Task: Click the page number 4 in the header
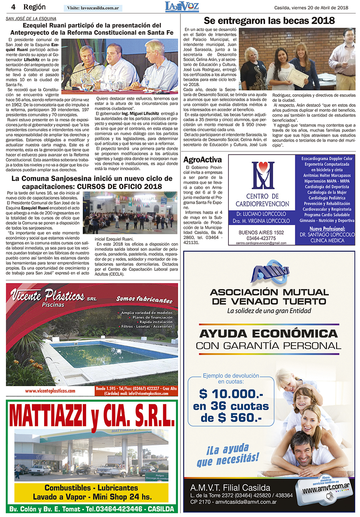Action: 13,7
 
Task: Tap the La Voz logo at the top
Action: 182,6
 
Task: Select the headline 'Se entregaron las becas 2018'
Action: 269,21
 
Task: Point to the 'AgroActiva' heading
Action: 202,160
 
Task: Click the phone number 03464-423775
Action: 261,238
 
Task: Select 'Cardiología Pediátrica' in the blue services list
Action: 327,198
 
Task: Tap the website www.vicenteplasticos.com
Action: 50,391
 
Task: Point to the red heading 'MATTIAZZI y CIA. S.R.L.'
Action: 92,416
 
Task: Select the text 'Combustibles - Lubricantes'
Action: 91,488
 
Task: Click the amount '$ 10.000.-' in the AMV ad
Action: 231,394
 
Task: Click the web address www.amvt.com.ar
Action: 326,489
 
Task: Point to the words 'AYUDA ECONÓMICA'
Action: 268,333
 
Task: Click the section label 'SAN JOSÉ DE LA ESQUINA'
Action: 31,18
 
